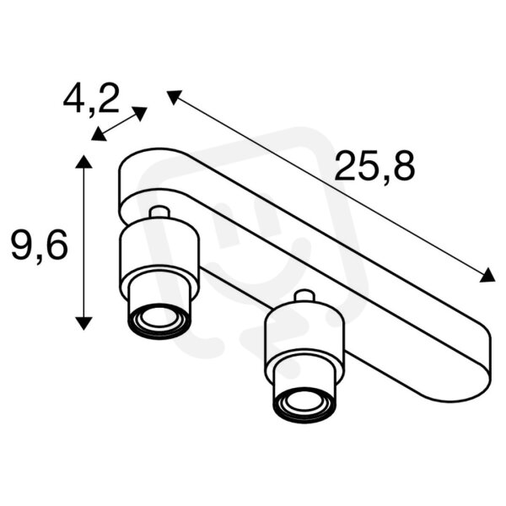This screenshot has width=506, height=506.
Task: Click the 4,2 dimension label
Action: [91, 99]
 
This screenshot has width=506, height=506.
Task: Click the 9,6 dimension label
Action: [40, 246]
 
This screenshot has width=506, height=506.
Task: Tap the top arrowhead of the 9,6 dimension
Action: [83, 161]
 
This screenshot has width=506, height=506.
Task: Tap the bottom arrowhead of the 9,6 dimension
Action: [83, 323]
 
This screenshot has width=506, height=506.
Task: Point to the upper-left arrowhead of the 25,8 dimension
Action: [174, 96]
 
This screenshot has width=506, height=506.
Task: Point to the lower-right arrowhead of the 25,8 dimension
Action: [488, 276]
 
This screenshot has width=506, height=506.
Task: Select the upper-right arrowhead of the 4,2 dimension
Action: [140, 113]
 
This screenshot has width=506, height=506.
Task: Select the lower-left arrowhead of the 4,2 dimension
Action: [98, 134]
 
